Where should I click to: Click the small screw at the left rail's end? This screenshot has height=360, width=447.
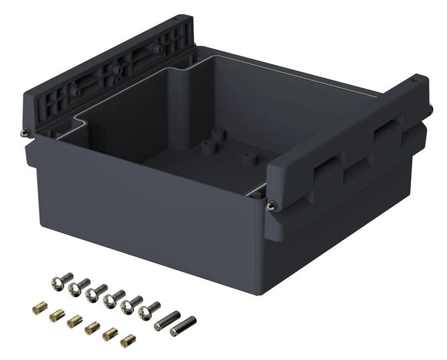pos(25,131)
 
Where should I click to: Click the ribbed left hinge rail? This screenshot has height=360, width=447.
pos(107,73)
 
